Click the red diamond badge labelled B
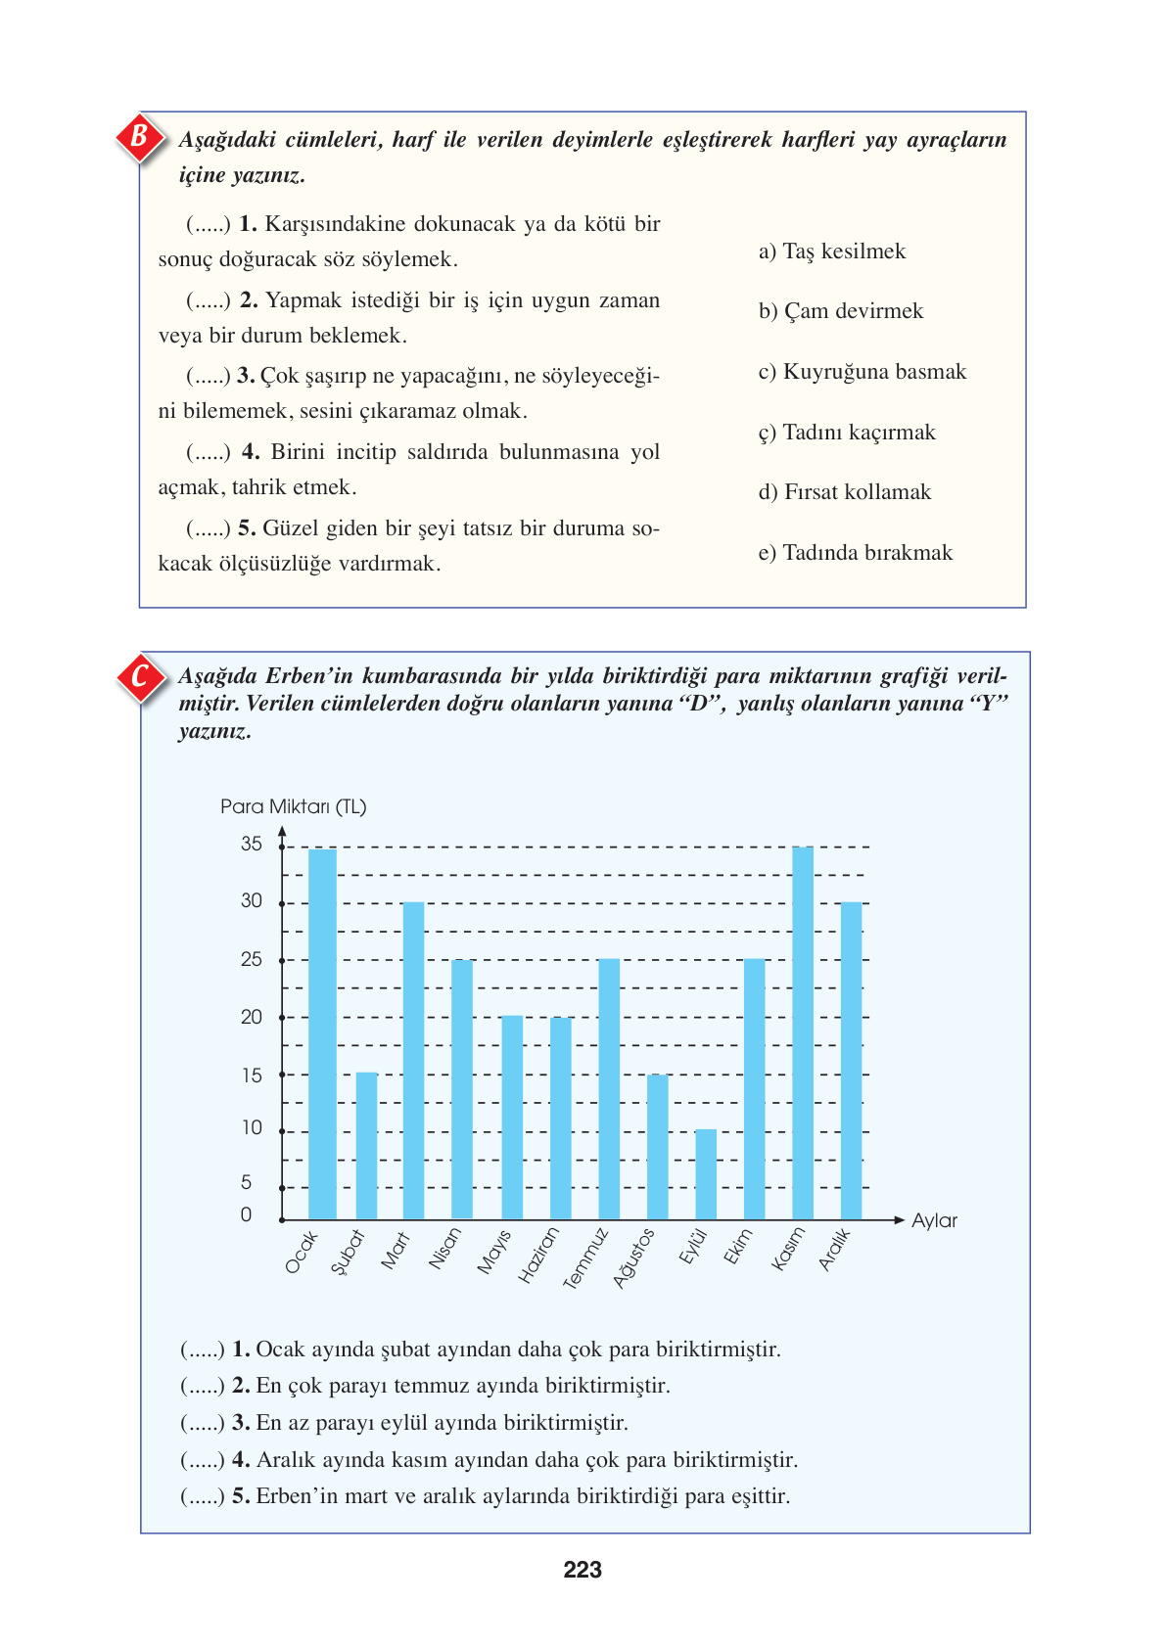click(x=139, y=136)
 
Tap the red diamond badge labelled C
click(x=140, y=676)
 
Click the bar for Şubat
click(x=366, y=1145)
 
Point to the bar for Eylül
click(x=706, y=1173)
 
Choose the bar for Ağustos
click(x=658, y=1146)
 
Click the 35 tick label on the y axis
click(x=252, y=844)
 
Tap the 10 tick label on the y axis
click(x=252, y=1127)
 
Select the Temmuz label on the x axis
click(x=586, y=1258)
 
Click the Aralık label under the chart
click(x=835, y=1250)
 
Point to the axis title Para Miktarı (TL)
click(x=293, y=806)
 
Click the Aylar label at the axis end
click(x=934, y=1220)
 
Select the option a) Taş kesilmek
click(x=832, y=252)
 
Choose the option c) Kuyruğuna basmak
click(x=862, y=372)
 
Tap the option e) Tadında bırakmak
click(x=855, y=553)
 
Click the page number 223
click(x=583, y=1570)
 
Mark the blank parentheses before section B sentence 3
click(x=208, y=376)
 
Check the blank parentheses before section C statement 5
click(x=203, y=1496)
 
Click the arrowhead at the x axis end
click(x=899, y=1219)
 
